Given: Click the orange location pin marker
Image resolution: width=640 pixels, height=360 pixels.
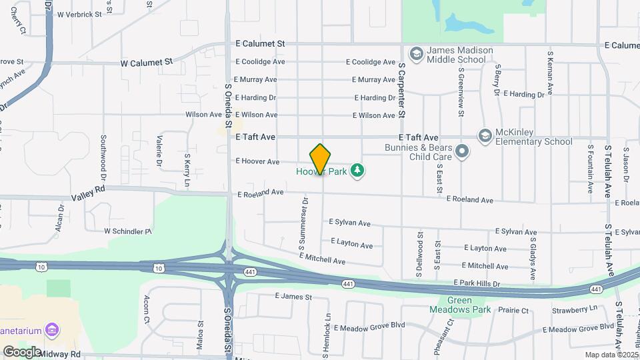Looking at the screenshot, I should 320,159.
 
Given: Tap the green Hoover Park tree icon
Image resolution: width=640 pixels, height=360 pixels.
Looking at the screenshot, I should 359,171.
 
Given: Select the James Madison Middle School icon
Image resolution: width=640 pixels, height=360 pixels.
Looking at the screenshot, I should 417,53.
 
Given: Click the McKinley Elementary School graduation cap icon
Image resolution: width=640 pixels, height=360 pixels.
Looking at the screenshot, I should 485,136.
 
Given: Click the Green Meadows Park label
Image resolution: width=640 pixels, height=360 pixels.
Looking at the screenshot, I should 469,305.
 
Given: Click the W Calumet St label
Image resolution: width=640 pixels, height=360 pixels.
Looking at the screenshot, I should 146,62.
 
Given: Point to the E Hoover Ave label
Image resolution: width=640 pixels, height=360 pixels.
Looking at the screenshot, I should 257,161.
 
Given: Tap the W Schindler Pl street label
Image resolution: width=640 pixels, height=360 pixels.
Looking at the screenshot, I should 128,231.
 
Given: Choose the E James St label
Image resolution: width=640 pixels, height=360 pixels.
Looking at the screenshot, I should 293,296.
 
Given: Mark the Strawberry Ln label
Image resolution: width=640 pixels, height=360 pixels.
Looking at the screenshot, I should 575,308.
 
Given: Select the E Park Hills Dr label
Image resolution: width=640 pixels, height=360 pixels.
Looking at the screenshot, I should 477,283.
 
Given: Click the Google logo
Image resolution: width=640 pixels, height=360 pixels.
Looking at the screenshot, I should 22,351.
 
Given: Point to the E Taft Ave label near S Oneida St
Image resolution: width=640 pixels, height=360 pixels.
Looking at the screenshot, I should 256,136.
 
